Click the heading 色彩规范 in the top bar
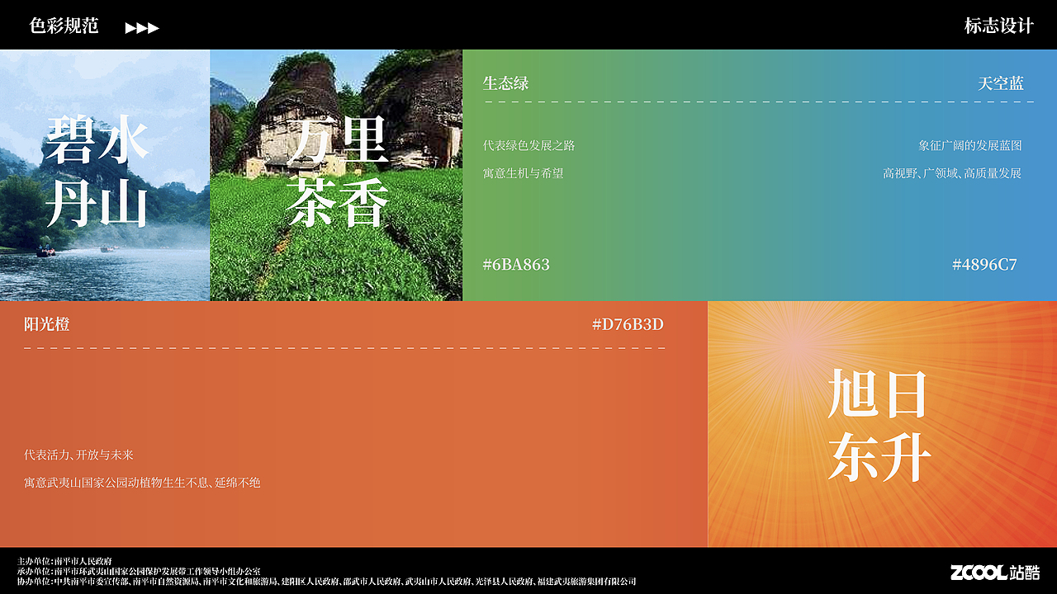[64, 26]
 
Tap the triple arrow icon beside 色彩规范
[142, 28]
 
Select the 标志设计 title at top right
[998, 26]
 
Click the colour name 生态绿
[505, 83]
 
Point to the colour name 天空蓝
[1000, 83]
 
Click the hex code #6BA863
[516, 265]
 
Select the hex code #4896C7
[984, 265]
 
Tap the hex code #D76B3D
[628, 324]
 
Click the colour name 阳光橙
[46, 324]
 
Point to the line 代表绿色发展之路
[528, 145]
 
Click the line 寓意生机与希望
[523, 173]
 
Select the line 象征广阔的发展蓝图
[969, 145]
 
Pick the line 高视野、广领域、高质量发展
[951, 173]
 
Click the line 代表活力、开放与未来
[78, 455]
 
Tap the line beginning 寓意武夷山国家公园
[142, 482]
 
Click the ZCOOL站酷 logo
[994, 573]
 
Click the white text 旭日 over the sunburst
[878, 394]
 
